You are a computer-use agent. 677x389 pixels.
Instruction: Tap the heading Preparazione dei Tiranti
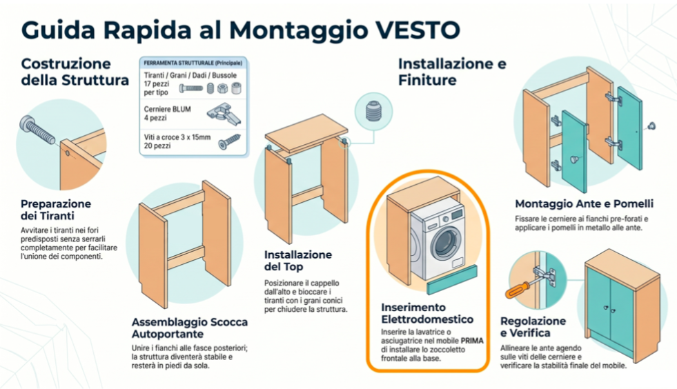[56, 210]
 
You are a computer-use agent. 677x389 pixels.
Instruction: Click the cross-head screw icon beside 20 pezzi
[229, 141]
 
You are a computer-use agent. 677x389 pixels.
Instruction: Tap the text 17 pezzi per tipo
[156, 88]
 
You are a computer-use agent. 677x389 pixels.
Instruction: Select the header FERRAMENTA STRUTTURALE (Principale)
[193, 63]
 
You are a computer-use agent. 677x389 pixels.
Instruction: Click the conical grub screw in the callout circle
[373, 111]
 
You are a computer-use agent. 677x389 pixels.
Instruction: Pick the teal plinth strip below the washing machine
[452, 280]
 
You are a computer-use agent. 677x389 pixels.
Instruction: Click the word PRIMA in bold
[472, 341]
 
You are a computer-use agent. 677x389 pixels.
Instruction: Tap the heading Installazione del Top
[298, 261]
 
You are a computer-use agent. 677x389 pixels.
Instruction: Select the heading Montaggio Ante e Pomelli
[584, 203]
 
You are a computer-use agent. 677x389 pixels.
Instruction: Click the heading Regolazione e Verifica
[533, 327]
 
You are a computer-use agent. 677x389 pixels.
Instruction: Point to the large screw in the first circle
[37, 129]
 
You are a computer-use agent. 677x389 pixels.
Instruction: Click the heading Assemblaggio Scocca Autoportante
[190, 328]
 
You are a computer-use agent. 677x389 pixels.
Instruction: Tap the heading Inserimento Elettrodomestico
[427, 313]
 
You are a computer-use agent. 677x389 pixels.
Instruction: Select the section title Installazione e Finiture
[452, 72]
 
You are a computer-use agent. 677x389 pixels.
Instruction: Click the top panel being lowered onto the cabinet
[306, 133]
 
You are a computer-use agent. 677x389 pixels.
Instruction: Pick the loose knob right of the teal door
[651, 126]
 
